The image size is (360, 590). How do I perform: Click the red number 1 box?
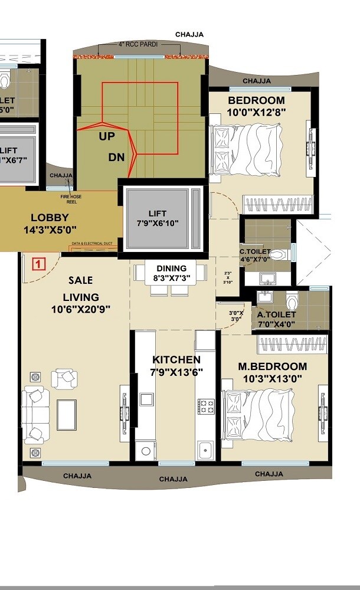38,264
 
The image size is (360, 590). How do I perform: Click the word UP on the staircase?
107,136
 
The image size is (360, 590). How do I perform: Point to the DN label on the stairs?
116,158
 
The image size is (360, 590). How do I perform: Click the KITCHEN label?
176,359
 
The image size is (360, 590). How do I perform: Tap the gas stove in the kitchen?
205,406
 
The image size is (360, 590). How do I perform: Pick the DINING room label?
171,268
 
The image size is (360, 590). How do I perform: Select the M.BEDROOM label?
273,366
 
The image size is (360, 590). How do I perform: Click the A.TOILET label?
277,314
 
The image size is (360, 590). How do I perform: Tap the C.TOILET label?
255,252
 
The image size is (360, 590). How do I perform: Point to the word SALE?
80,280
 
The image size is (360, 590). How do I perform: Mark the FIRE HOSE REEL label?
70,199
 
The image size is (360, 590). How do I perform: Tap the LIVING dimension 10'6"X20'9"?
81,309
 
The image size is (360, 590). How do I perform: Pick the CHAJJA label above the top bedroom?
257,81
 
